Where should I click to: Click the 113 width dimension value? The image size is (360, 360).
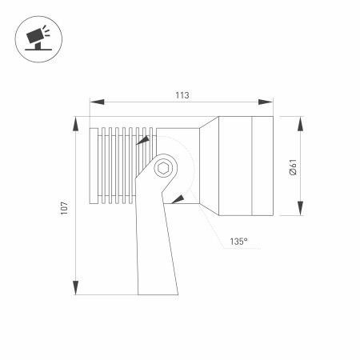coord(182,95)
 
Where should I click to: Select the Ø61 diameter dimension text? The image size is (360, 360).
coord(293,168)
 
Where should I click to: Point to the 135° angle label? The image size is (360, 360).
coord(238,241)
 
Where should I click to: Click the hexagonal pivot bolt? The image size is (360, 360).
coord(164,167)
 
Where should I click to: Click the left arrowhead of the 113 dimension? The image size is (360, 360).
coord(94,102)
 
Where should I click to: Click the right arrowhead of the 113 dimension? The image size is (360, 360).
coord(268,102)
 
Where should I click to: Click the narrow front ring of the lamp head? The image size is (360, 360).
coord(263,166)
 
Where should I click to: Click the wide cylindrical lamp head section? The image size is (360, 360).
coord(236,166)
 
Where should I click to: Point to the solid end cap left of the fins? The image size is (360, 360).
coord(94,166)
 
